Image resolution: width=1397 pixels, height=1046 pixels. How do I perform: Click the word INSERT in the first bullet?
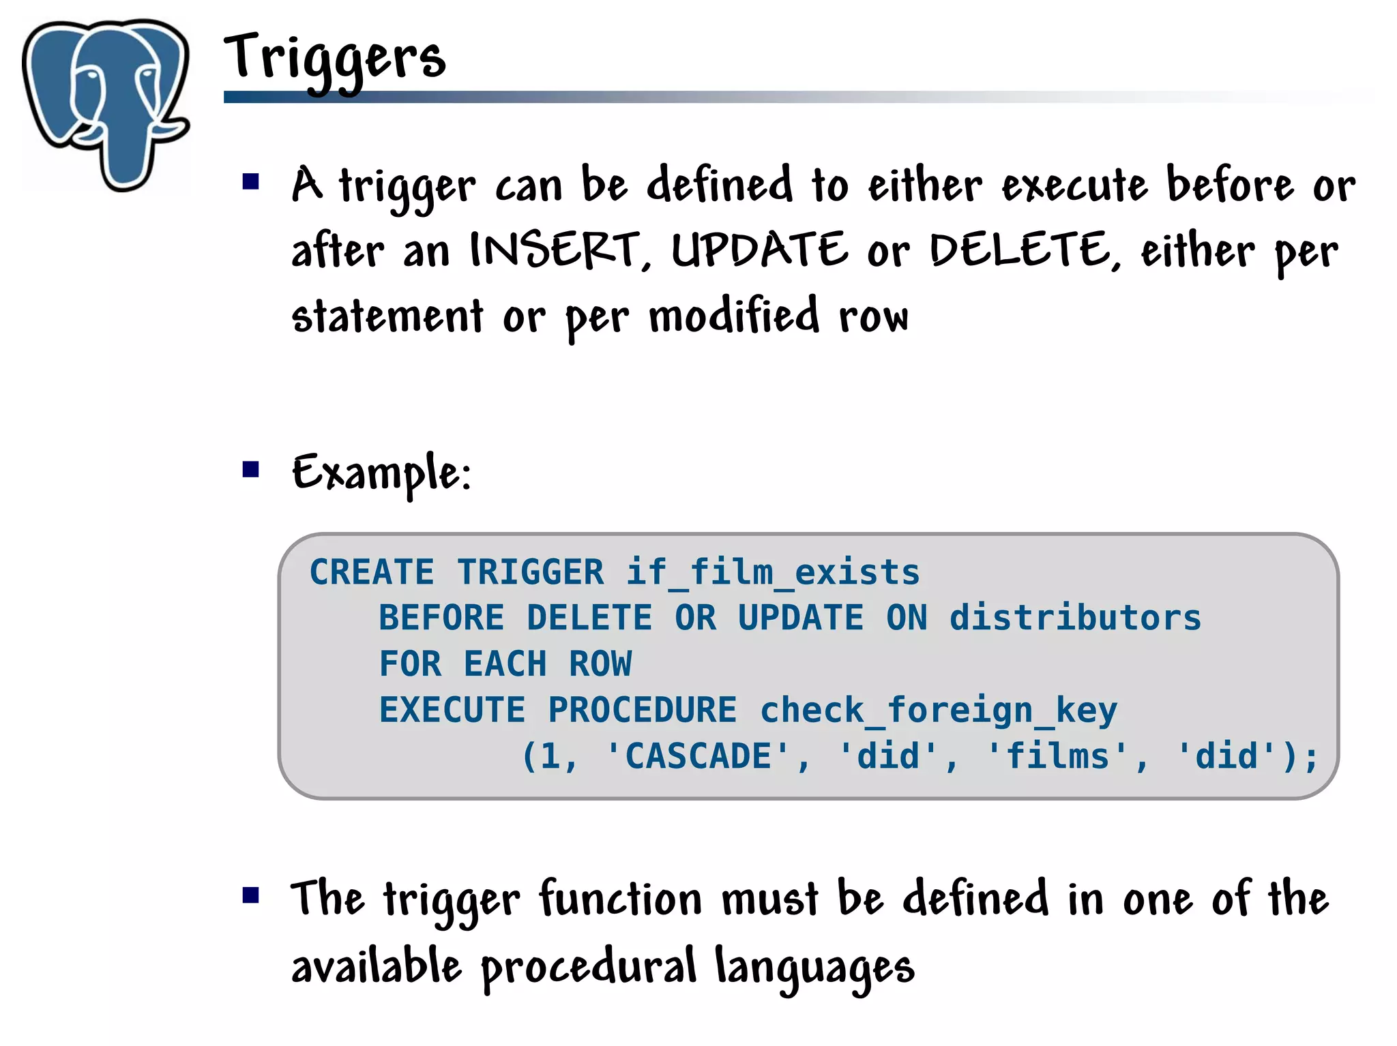(555, 250)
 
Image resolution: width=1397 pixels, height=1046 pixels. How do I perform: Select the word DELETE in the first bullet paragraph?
(1020, 250)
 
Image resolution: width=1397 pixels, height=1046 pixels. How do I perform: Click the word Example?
(381, 473)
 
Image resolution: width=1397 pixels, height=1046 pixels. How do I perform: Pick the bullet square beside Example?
(251, 469)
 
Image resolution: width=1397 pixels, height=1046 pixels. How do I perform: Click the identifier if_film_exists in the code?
(773, 572)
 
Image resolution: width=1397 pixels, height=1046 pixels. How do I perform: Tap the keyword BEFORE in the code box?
(441, 618)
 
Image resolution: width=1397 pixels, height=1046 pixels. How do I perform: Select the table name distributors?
(1075, 618)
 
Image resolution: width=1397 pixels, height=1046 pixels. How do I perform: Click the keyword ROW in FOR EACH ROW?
(600, 664)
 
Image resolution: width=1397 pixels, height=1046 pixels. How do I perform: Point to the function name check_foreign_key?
(939, 711)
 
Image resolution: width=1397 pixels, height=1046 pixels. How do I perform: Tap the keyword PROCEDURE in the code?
(643, 711)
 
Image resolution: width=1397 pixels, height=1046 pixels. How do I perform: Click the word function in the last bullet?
(621, 899)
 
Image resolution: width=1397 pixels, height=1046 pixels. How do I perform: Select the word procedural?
(589, 967)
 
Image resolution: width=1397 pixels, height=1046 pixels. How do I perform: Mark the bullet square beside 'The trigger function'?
(251, 895)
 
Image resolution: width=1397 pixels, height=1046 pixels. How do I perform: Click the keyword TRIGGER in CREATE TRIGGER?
(531, 572)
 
